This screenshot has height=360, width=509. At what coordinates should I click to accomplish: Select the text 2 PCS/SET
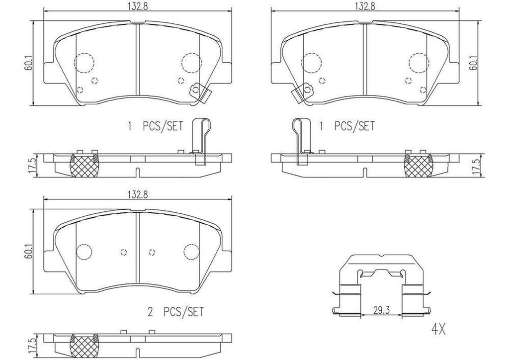[x=176, y=312]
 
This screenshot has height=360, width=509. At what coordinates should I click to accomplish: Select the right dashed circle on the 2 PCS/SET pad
[x=190, y=251]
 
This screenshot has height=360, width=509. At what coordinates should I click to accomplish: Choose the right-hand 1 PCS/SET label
[x=347, y=126]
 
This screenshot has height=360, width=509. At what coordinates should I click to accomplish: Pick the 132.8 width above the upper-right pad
[x=364, y=6]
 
